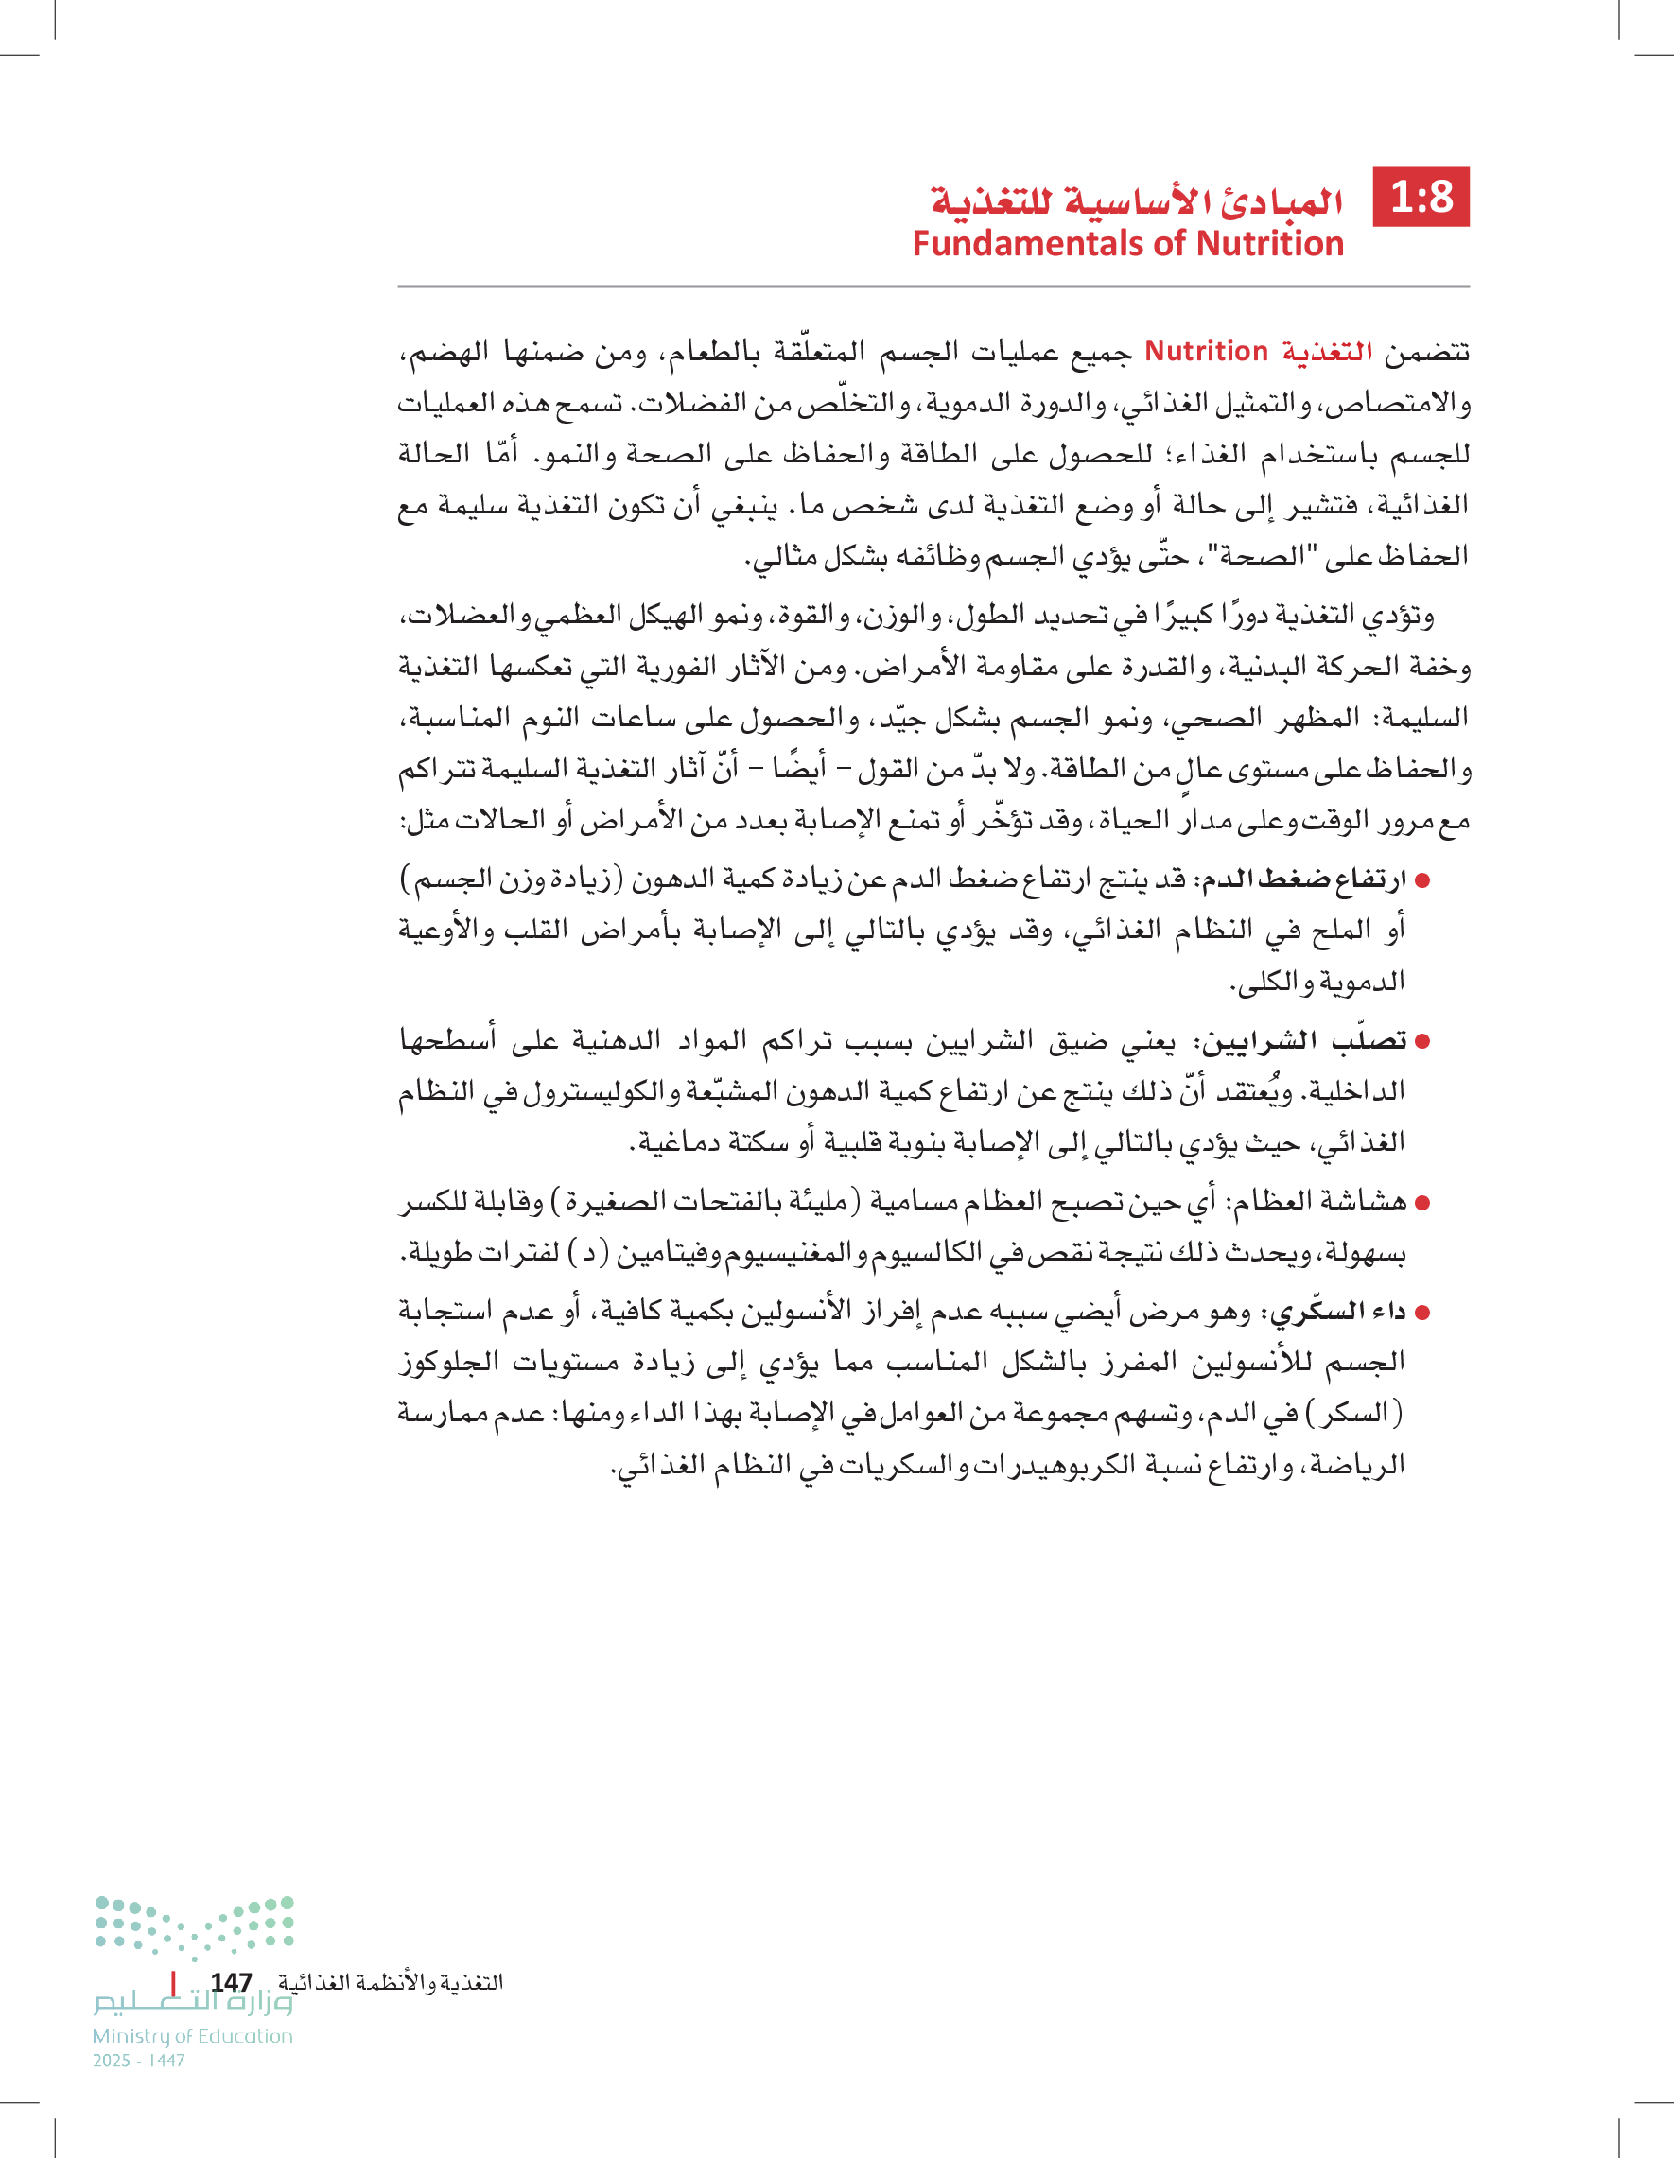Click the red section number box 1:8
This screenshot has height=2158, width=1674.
click(1421, 197)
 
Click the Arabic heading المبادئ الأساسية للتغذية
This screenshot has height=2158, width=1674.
click(1137, 200)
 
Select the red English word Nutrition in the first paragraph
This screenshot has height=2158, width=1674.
click(1206, 352)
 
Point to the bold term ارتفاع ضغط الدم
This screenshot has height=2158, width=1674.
click(1303, 879)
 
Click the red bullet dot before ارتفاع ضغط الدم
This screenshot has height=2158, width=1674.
click(1422, 879)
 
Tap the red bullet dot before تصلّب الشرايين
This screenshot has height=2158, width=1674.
click(1422, 1041)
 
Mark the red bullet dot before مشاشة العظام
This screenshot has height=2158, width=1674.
click(1422, 1203)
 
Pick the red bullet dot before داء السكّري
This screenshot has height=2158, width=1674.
click(1422, 1314)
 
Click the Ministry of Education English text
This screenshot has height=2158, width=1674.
click(193, 2036)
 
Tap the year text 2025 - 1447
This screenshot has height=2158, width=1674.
click(138, 2061)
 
